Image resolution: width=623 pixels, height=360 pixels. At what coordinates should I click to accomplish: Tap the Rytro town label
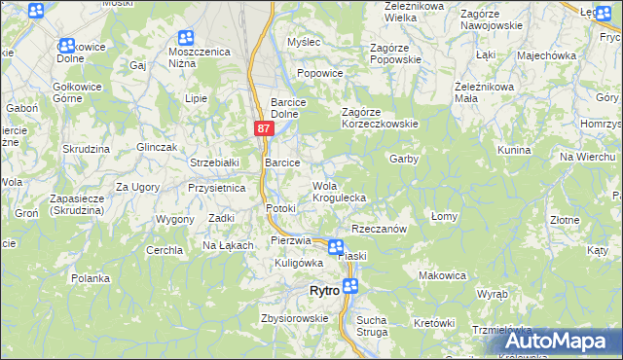pos(323,291)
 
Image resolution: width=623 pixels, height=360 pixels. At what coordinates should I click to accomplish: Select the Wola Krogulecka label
pos(338,192)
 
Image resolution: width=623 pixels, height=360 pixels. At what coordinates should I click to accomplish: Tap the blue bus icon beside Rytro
pos(350,286)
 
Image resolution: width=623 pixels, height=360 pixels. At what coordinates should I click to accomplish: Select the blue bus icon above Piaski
pos(336,247)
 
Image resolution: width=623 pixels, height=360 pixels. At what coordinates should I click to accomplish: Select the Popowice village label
pos(320,72)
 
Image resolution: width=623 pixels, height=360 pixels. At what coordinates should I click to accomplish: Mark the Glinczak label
pos(156,146)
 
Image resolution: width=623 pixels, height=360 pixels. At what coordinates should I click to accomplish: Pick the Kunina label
pos(513,150)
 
